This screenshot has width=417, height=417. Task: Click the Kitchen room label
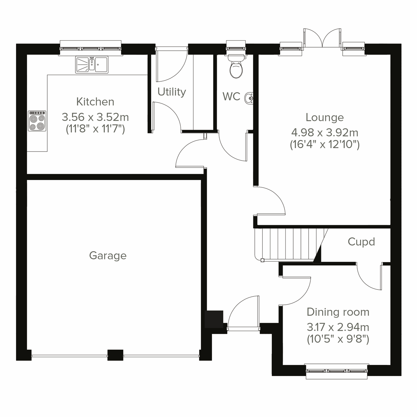[x=95, y=102]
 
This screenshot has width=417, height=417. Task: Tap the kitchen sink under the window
[x=92, y=65]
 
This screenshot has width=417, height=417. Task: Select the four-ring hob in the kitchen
[x=37, y=121]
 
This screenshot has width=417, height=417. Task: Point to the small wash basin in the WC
[x=249, y=98]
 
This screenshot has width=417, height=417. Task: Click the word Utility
[x=172, y=92]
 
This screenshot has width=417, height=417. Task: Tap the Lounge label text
[x=325, y=117]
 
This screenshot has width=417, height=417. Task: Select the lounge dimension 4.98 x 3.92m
[x=325, y=132]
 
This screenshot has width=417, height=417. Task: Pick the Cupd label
[x=361, y=242]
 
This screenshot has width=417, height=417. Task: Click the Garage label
[x=108, y=256]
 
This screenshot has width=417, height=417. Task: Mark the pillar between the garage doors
[x=115, y=354]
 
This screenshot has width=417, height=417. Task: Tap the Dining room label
[x=338, y=312]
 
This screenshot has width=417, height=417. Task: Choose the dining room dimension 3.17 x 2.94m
[x=338, y=327]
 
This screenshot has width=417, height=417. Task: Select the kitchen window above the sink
[x=91, y=47]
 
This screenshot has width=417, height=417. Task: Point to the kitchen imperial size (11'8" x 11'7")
[x=95, y=129]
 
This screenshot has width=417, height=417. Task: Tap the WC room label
[x=231, y=96]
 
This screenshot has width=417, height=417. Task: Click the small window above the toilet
[x=236, y=47]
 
